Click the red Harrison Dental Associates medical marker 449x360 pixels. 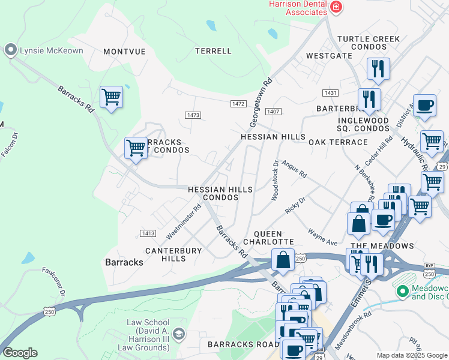(336, 7)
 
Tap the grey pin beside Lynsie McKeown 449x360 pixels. (10, 50)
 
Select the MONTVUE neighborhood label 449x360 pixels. (124, 52)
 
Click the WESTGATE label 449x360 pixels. (329, 55)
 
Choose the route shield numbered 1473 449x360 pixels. (193, 115)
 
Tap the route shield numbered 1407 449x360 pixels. (273, 112)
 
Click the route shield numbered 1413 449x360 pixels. (148, 233)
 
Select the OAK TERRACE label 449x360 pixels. (338, 142)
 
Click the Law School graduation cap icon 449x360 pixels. (178, 333)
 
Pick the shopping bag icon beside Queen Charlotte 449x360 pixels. (283, 260)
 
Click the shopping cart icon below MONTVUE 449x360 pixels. (112, 97)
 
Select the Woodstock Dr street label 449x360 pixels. (276, 179)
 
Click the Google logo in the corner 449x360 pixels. (20, 353)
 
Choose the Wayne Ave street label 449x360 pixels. (323, 236)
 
